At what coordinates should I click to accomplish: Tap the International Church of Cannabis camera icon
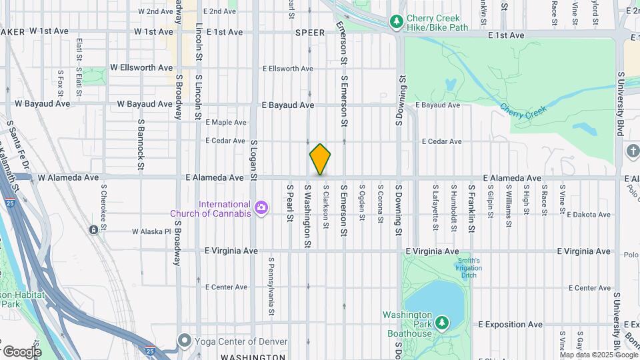pyautogui.click(x=261, y=209)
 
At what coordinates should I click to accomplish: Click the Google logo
pyautogui.click(x=21, y=351)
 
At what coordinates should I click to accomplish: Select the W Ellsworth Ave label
pyautogui.click(x=141, y=68)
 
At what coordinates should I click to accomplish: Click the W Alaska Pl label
pyautogui.click(x=152, y=232)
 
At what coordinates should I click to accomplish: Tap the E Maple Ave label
pyautogui.click(x=226, y=123)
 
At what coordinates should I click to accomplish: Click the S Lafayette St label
pyautogui.click(x=435, y=208)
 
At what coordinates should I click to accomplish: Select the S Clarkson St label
pyautogui.click(x=326, y=207)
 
